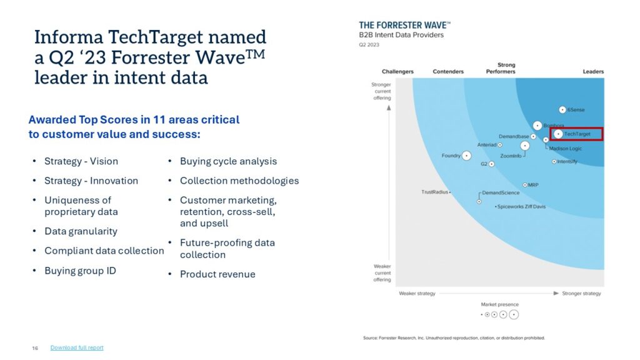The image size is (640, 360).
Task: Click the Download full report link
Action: pos(77,347)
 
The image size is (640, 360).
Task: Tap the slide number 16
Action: pos(35,347)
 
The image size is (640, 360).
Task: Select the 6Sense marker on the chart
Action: pos(562,110)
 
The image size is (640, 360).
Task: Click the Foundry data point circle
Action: pos(467,156)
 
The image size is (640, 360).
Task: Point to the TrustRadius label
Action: pos(434,192)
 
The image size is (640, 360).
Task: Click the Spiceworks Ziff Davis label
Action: pos(521,206)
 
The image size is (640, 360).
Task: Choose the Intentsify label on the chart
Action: pos(567,162)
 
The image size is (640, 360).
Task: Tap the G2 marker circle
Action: pos(491,164)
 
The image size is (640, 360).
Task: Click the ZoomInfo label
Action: pos(511,156)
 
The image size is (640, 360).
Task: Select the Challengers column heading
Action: pos(397,72)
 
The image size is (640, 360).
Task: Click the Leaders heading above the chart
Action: pos(593,72)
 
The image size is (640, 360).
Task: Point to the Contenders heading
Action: pos(448,72)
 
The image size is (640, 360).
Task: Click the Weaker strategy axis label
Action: pos(417,293)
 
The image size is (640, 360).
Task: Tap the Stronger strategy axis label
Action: pos(581,293)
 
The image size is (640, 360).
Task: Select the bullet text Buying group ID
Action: pos(80,271)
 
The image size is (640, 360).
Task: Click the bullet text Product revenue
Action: pos(217,274)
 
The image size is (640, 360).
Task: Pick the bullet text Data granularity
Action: pos(81,231)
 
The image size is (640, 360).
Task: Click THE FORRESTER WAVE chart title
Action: pos(404,25)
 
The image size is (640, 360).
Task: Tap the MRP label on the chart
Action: pos(533,185)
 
